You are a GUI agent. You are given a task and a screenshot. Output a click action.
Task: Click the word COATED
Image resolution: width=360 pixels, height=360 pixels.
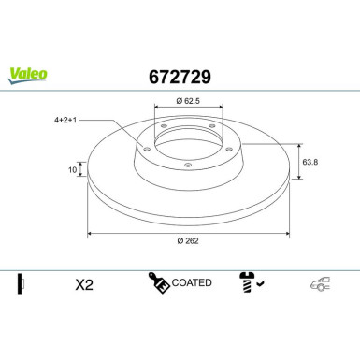point(193,282)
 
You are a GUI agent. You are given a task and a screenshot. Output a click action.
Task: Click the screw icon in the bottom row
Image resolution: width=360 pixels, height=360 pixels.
point(246,281)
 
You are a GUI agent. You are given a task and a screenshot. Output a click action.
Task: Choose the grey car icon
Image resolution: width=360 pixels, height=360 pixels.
point(322,283)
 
